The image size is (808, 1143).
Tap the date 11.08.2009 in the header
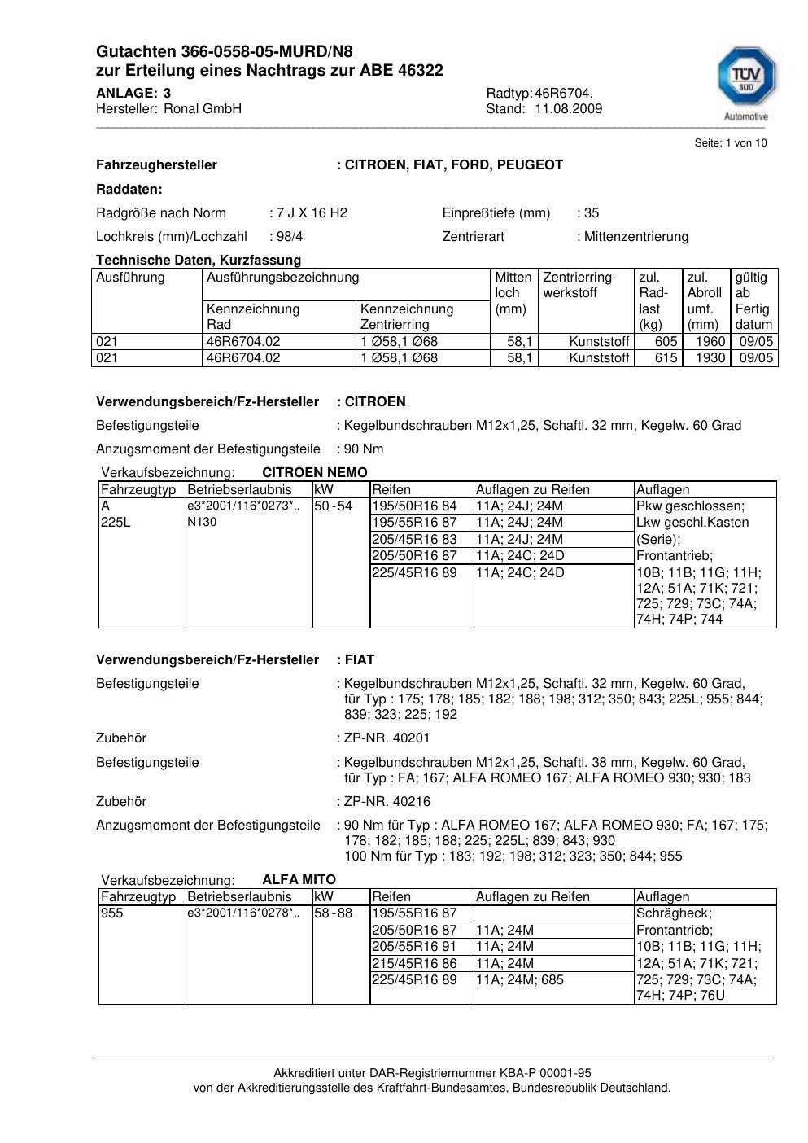pyautogui.click(x=568, y=109)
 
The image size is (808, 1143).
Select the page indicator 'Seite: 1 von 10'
pyautogui.click(x=730, y=143)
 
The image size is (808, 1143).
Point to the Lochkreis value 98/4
pyautogui.click(x=284, y=237)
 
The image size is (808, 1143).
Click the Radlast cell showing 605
pyautogui.click(x=666, y=342)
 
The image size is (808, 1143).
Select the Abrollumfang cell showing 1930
pyautogui.click(x=710, y=358)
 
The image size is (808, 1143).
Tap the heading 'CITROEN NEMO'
pyautogui.click(x=315, y=473)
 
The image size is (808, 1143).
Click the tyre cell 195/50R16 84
pyautogui.click(x=414, y=506)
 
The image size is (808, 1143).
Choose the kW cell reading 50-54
pyautogui.click(x=333, y=506)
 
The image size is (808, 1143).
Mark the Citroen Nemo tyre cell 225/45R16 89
pyautogui.click(x=414, y=573)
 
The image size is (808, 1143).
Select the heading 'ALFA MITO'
pyautogui.click(x=299, y=880)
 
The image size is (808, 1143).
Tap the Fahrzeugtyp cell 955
pyautogui.click(x=112, y=913)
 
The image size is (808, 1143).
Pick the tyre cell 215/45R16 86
pyautogui.click(x=414, y=964)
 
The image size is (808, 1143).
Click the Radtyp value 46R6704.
pyautogui.click(x=564, y=94)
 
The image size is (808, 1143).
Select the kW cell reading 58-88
pyautogui.click(x=333, y=913)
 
